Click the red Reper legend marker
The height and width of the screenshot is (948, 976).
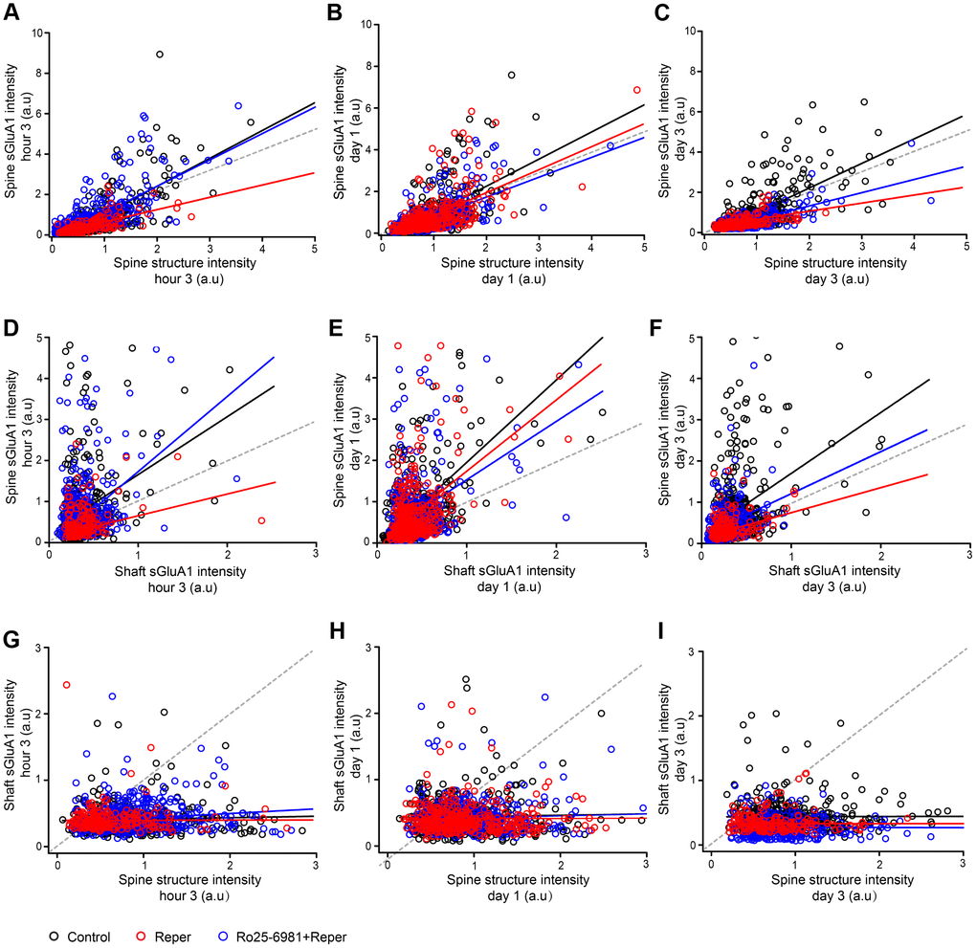[142, 937]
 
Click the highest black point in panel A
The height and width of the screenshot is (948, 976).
[160, 55]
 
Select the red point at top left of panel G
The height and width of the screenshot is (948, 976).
[66, 685]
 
